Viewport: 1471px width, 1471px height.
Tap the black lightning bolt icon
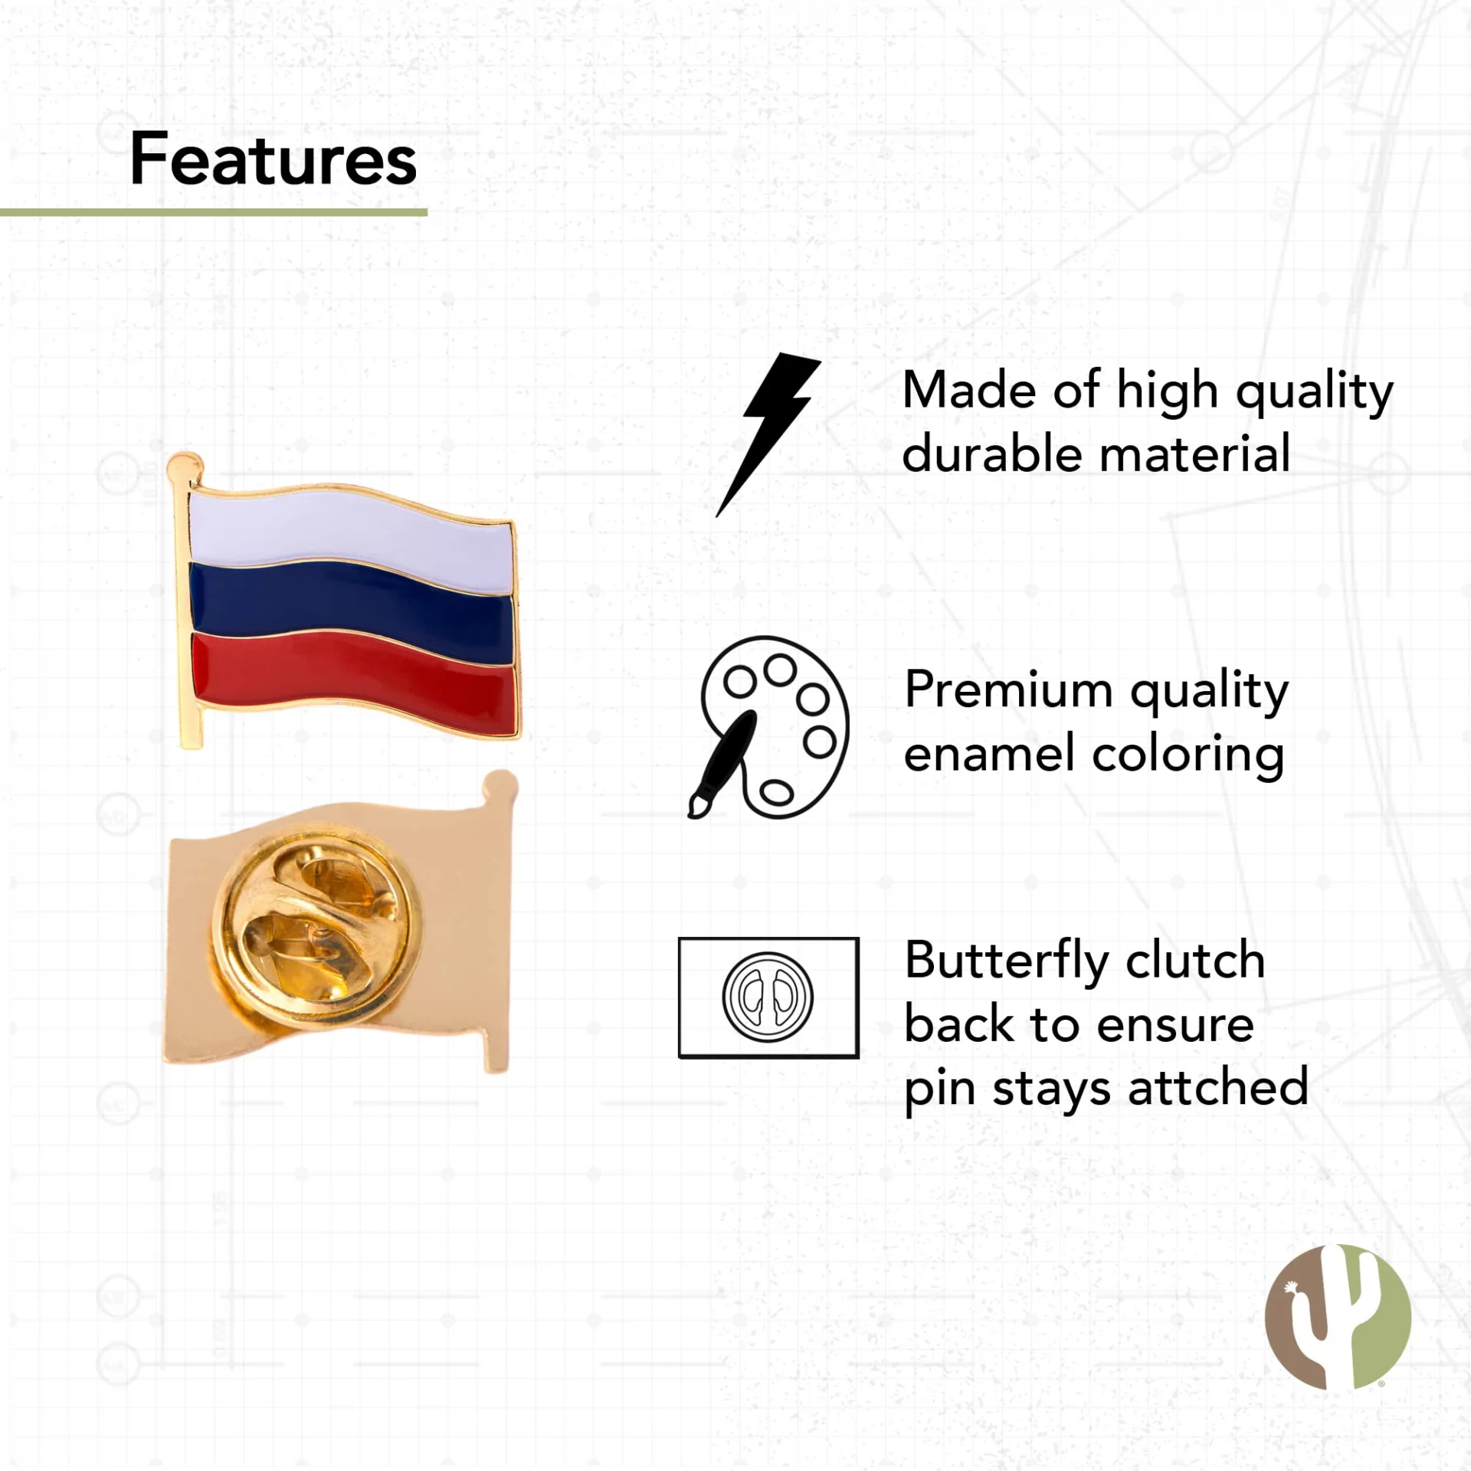click(768, 434)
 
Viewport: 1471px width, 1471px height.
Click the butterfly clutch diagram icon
click(768, 998)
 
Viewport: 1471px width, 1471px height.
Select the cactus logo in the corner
click(1338, 1316)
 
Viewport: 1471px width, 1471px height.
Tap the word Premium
click(1009, 690)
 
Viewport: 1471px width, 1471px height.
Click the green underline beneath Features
click(214, 212)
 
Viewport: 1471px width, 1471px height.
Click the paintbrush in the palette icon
click(722, 764)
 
